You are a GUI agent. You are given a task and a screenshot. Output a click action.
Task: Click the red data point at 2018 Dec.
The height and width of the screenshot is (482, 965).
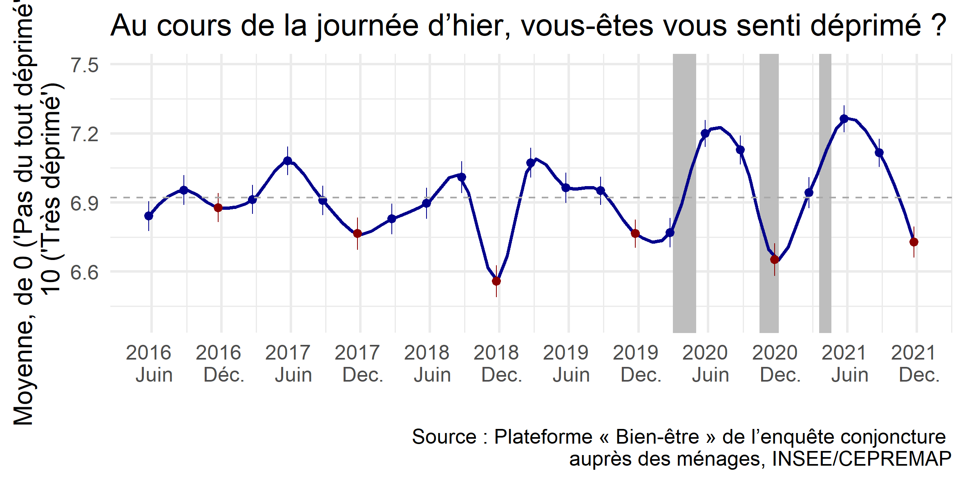pyautogui.click(x=496, y=281)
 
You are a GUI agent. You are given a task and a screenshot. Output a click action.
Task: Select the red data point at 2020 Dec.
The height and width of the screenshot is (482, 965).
pyautogui.click(x=774, y=260)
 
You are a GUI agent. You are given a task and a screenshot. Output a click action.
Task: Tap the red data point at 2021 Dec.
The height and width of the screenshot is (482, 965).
pyautogui.click(x=914, y=242)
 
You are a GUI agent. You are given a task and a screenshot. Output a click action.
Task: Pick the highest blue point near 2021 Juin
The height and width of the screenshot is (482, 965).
pyautogui.click(x=844, y=119)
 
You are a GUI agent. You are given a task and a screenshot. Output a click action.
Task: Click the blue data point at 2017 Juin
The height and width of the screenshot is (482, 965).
pyautogui.click(x=288, y=161)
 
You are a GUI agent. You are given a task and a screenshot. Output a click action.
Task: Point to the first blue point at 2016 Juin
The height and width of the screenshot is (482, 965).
pyautogui.click(x=149, y=216)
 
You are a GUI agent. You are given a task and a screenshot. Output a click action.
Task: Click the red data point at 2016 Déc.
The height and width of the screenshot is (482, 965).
pyautogui.click(x=218, y=208)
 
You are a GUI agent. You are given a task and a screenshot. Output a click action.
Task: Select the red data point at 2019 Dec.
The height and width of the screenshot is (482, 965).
pyautogui.click(x=635, y=233)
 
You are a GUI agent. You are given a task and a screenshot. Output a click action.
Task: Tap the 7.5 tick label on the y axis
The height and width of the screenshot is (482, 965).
pyautogui.click(x=85, y=65)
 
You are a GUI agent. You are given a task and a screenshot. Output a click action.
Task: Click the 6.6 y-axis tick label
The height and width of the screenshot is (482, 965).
pyautogui.click(x=85, y=272)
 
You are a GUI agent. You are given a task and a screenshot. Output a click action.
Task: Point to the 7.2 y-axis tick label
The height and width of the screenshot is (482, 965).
pyautogui.click(x=85, y=134)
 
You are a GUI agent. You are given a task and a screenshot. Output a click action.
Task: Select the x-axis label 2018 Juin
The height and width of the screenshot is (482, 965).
pyautogui.click(x=427, y=364)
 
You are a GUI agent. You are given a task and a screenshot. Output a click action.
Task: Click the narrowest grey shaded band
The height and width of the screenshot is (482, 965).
pyautogui.click(x=825, y=192)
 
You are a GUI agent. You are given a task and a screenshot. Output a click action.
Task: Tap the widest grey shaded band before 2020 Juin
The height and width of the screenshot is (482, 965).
pyautogui.click(x=684, y=192)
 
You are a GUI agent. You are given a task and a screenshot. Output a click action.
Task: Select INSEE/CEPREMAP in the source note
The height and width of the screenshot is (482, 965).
pyautogui.click(x=862, y=459)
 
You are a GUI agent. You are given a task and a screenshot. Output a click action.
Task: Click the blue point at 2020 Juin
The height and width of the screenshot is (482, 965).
pyautogui.click(x=705, y=133)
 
